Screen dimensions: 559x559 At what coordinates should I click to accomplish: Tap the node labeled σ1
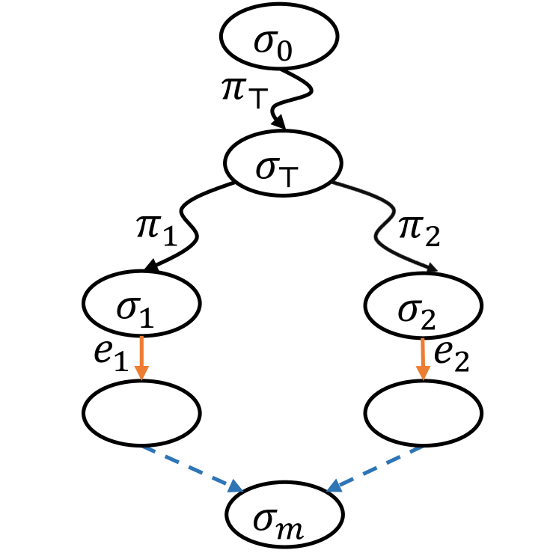pos(142,306)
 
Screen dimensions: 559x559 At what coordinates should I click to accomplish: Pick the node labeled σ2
pos(422,306)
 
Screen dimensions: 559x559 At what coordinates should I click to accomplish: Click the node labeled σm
pos(284,517)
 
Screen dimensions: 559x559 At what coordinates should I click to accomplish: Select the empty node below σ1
pos(142,411)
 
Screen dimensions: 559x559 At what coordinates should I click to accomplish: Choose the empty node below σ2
pos(422,411)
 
